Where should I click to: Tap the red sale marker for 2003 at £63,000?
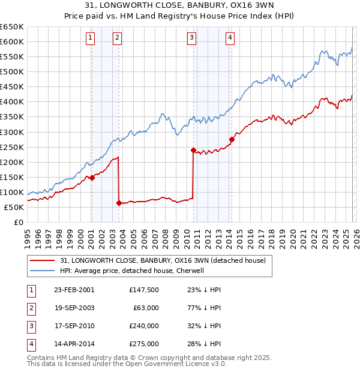coord(119,203)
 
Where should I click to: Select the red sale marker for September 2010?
coord(193,150)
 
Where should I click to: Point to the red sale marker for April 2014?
coord(231,139)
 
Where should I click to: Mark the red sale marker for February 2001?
coord(92,178)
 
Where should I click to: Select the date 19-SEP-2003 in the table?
coord(74,308)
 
